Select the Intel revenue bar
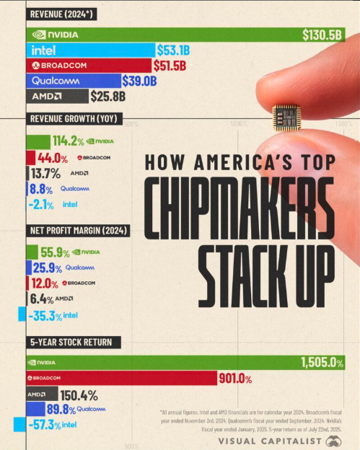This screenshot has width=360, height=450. coord(90,50)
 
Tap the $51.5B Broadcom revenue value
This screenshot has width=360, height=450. coord(170,65)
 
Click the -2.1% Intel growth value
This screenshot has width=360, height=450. coord(42,205)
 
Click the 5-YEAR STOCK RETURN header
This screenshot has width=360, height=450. coord(70,342)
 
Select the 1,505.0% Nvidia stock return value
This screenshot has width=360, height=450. coord(322,363)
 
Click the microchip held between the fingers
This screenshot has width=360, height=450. coord(286,118)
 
